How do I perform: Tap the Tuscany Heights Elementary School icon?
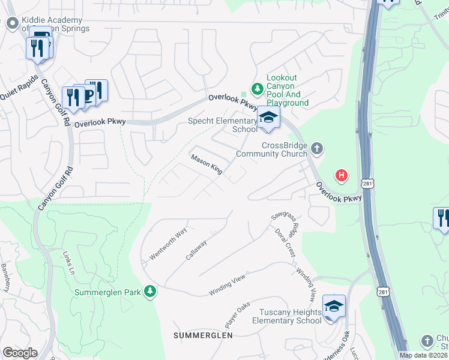(334, 306)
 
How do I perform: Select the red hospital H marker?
(342, 175)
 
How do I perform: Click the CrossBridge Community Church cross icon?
(317, 148)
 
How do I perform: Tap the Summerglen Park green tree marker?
(150, 292)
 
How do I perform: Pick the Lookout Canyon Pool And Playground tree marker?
(258, 89)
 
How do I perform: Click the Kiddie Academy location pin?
(12, 23)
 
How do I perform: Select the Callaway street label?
(196, 250)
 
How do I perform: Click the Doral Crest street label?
(285, 242)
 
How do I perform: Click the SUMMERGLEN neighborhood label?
(203, 335)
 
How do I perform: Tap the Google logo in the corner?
(20, 353)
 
